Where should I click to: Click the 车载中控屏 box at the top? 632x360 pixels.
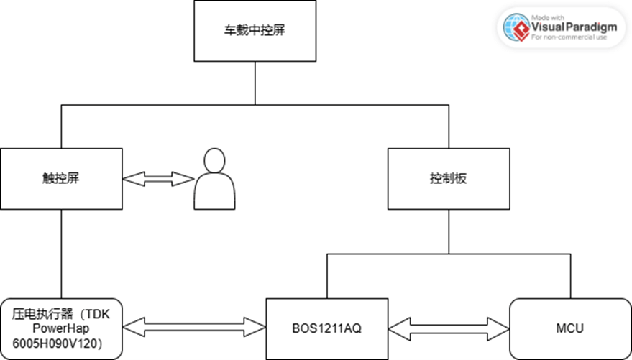(x=255, y=33)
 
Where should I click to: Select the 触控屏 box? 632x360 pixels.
(x=61, y=179)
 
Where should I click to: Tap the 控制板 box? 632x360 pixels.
(x=449, y=179)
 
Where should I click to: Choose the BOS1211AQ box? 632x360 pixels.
(x=326, y=328)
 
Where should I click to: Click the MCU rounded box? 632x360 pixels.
(x=569, y=328)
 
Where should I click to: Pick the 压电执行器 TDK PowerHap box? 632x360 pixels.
(x=61, y=328)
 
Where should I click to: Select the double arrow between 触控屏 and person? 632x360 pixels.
(x=158, y=179)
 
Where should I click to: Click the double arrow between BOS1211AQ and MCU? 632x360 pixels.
(x=448, y=328)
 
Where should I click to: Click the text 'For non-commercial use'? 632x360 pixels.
(x=566, y=38)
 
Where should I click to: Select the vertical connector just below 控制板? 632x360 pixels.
(x=449, y=230)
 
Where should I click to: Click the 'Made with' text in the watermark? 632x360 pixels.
(x=546, y=17)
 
